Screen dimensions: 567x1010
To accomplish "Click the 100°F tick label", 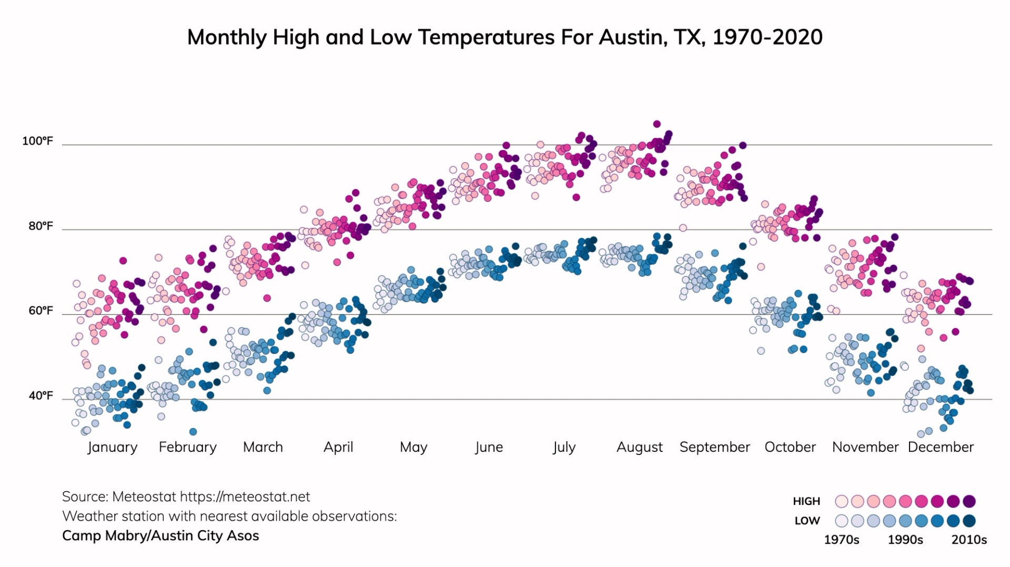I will point(37,141).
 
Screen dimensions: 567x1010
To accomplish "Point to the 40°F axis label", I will point(41,396).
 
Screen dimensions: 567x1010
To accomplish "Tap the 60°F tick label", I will point(41,311).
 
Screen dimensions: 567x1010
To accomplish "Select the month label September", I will point(714,447).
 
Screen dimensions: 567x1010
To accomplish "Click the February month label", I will point(187,447).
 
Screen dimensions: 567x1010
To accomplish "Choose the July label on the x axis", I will point(564,447).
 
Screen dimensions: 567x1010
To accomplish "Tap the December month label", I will point(941,447).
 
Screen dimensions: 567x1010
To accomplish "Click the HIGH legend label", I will point(806,501).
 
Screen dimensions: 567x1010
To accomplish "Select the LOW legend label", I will point(807,521).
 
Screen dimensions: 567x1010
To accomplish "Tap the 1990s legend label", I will point(905,540).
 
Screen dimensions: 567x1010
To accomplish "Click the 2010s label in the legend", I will point(969,540).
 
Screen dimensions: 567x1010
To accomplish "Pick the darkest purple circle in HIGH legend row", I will point(969,501).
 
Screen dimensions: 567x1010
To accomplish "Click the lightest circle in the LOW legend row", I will point(842,521).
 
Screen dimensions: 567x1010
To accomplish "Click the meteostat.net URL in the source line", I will point(245,497).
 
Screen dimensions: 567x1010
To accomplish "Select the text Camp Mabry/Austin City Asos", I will point(160,535).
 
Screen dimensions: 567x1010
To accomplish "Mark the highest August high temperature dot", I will point(656,124).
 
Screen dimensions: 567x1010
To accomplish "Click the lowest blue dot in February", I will point(193,432).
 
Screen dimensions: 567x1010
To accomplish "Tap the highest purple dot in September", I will point(743,145).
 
